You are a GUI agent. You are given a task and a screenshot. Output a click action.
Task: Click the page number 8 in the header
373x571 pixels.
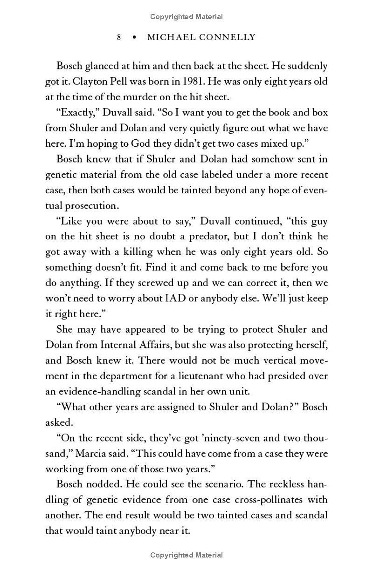(x=119, y=37)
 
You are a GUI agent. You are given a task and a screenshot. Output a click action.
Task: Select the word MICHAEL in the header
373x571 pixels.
(x=169, y=37)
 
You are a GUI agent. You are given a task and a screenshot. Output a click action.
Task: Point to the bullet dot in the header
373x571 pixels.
(x=134, y=37)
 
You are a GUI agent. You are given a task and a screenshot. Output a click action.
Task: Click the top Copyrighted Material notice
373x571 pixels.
(x=186, y=17)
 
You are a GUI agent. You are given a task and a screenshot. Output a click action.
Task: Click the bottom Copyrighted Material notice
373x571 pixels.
(x=186, y=555)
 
